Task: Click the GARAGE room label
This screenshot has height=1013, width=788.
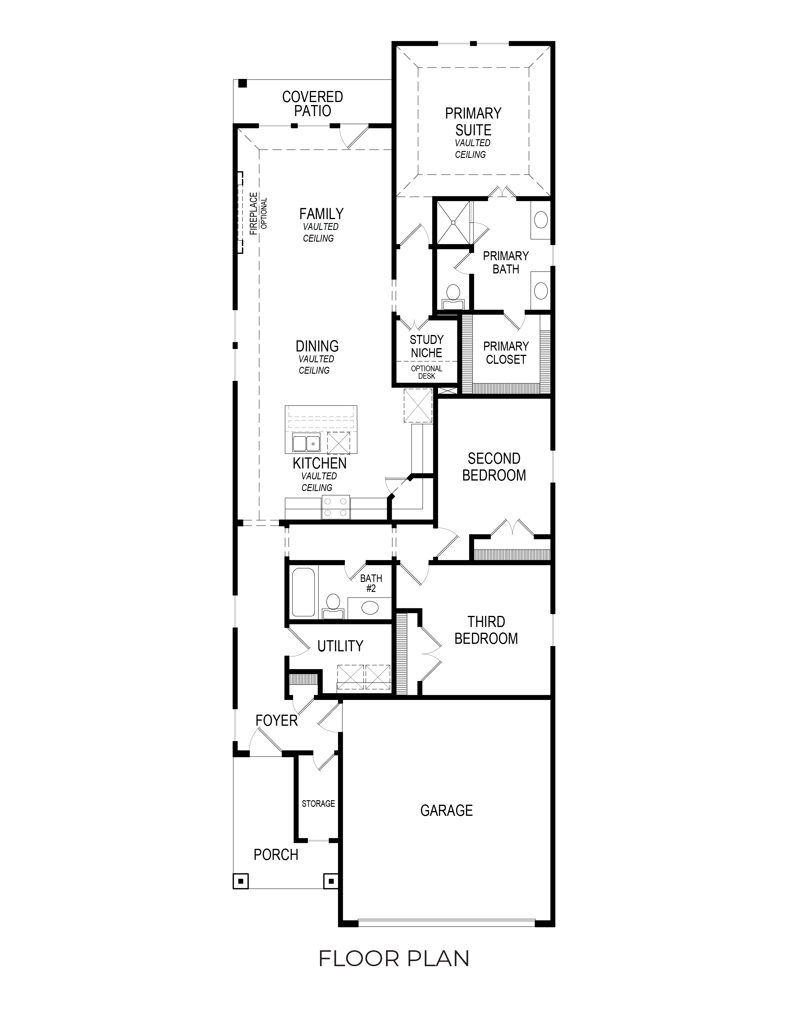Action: click(446, 810)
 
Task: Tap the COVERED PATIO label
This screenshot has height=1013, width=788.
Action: click(312, 104)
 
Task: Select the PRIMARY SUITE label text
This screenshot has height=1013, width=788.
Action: click(473, 122)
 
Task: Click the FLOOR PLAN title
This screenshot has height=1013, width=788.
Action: click(394, 958)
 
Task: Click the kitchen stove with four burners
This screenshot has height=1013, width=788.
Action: click(336, 507)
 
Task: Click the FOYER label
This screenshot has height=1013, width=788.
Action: click(276, 720)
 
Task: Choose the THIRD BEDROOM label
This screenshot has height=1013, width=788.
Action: click(486, 630)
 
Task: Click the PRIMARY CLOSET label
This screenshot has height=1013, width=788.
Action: click(506, 353)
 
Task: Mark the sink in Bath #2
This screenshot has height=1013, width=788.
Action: click(370, 607)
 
